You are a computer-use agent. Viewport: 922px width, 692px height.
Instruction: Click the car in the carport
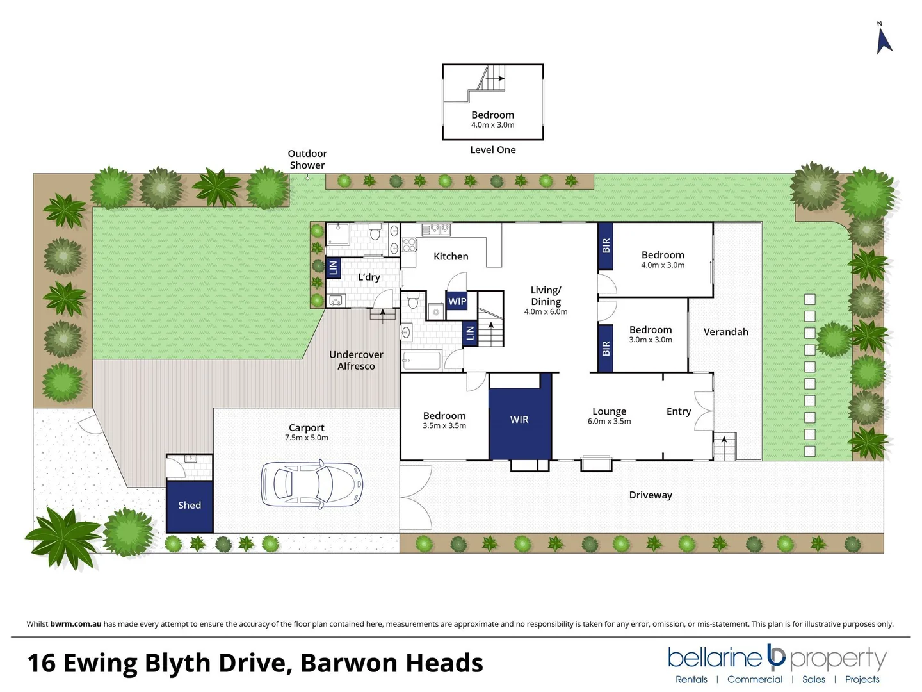point(312,484)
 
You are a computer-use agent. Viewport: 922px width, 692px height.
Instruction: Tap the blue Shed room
point(190,506)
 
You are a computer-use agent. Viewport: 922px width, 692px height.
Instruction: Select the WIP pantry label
point(457,301)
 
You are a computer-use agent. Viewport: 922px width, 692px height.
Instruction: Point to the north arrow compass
point(884,40)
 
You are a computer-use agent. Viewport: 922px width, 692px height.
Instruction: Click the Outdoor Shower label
point(307,160)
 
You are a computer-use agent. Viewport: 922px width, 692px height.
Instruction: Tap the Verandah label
point(725,332)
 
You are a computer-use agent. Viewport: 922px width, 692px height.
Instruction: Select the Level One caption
point(492,150)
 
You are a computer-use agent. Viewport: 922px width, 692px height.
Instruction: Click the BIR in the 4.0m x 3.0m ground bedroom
point(606,246)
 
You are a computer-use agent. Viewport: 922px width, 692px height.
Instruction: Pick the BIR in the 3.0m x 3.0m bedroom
point(606,348)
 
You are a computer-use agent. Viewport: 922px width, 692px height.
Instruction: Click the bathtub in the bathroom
point(422,361)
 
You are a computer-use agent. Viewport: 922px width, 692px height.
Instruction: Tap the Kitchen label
point(451,256)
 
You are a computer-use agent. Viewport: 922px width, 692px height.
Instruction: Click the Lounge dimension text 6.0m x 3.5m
point(609,422)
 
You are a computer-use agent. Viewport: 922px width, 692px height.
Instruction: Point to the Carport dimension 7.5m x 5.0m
point(306,438)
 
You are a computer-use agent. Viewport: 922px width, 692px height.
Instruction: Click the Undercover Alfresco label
point(356,360)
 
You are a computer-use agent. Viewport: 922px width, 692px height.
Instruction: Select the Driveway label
point(651,495)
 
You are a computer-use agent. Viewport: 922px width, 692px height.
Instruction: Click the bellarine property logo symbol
point(776,656)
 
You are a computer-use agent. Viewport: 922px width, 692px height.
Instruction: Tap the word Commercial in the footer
point(754,679)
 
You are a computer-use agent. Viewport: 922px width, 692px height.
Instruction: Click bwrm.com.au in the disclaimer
point(76,624)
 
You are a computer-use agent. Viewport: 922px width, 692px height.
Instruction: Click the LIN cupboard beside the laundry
point(333,268)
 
